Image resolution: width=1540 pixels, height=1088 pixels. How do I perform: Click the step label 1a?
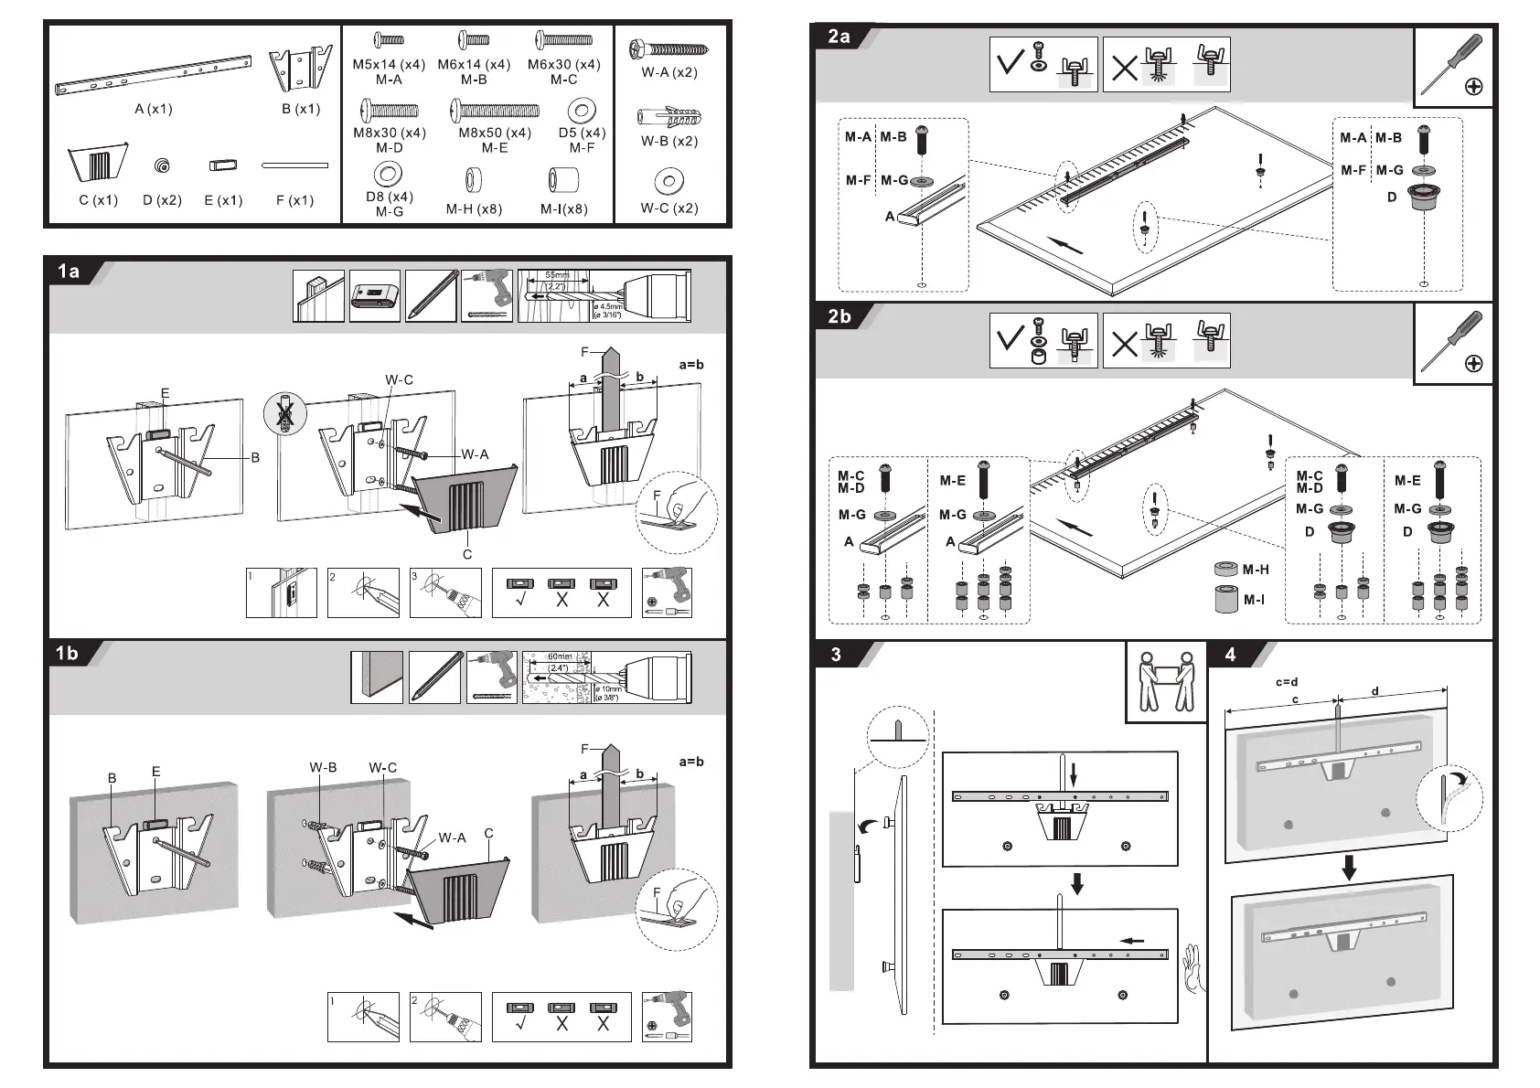[69, 272]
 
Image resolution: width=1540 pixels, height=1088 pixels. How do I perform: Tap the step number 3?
[836, 655]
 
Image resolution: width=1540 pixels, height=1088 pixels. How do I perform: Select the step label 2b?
[839, 316]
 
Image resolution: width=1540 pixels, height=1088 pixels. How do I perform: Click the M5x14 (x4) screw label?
[389, 65]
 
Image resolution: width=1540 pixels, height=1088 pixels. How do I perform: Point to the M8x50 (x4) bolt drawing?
[495, 112]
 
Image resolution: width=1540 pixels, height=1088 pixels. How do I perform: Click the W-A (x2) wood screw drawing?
[669, 48]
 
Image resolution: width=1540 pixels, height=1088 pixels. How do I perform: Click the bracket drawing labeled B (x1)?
[300, 69]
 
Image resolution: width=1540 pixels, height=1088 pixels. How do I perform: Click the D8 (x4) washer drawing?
[389, 174]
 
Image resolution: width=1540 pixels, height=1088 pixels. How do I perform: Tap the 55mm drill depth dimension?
[556, 275]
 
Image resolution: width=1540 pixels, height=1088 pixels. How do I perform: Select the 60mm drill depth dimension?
[559, 657]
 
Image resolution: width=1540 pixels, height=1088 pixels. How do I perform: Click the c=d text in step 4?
[1287, 682]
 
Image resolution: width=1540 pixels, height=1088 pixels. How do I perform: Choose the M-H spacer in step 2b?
[1225, 570]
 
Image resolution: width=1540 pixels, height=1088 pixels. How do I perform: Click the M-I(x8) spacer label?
[563, 209]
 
